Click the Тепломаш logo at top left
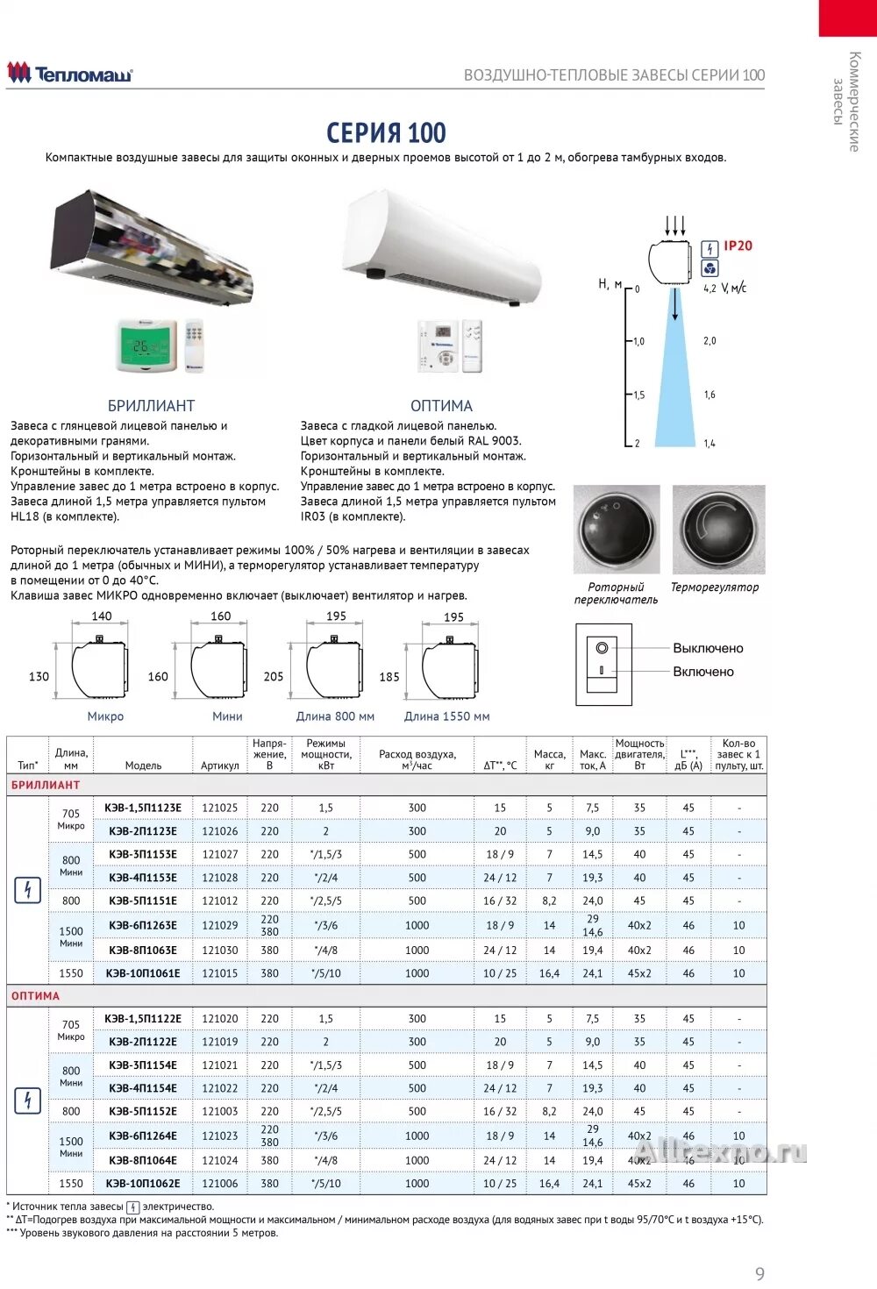[x=70, y=74]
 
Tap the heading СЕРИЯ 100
[x=386, y=133]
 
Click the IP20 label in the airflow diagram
[x=738, y=246]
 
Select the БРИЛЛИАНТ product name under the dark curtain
[x=151, y=406]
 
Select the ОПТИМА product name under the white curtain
[x=441, y=406]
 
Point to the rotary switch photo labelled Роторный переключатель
[x=617, y=530]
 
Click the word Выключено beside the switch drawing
[x=708, y=649]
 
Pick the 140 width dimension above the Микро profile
[x=102, y=616]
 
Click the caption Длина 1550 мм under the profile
[x=446, y=716]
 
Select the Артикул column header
[x=219, y=766]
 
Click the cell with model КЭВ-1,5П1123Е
[x=143, y=808]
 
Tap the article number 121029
[x=219, y=925]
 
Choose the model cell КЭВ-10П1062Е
[x=143, y=1183]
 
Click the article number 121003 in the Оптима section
[x=219, y=1111]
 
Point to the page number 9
[x=759, y=1273]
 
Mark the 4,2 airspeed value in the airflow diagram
[x=709, y=288]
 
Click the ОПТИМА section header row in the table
[x=36, y=996]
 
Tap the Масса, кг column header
[x=549, y=759]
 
